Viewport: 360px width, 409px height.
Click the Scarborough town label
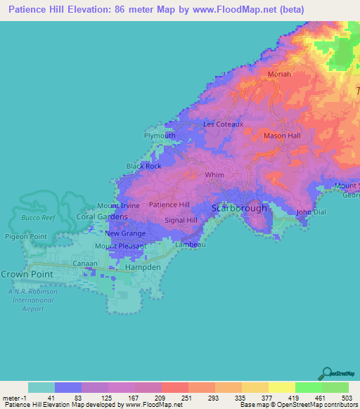point(240,208)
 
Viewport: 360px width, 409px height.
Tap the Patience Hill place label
point(169,204)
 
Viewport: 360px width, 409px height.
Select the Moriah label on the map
point(279,74)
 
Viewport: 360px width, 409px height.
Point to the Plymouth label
point(160,136)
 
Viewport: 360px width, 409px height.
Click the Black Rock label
point(143,166)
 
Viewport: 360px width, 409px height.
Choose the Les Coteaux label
point(223,124)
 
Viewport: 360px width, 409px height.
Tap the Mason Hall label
point(282,135)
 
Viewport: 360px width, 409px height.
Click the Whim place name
point(214,175)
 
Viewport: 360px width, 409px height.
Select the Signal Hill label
point(181,220)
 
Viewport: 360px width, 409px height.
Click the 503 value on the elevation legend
point(348,398)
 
